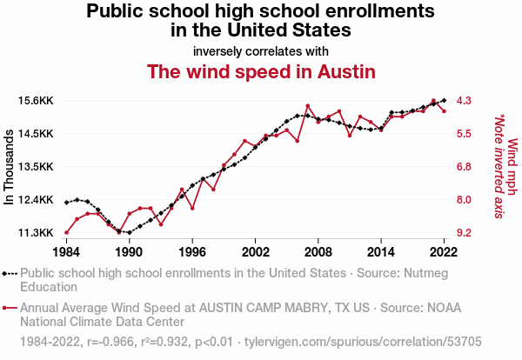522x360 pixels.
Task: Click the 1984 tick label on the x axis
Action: point(66,252)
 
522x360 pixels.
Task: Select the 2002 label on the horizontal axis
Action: point(255,252)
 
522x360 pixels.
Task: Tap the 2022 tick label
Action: point(444,252)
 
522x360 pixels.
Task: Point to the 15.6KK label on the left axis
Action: point(36,101)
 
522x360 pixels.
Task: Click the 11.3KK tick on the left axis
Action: point(36,232)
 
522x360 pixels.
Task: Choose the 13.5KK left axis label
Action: point(36,166)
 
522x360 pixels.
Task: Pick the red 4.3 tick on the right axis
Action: point(464,101)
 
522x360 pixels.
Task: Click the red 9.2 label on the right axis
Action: point(464,232)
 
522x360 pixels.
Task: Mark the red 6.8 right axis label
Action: point(464,166)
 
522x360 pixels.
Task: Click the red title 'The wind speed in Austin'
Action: point(261,71)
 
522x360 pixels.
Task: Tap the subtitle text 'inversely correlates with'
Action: point(261,51)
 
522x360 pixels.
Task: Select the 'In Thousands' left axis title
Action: point(9,167)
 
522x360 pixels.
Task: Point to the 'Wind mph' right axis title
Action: point(512,166)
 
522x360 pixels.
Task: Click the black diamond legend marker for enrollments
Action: point(4,274)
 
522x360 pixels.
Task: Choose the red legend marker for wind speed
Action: point(4,308)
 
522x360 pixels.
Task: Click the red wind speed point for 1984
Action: point(67,232)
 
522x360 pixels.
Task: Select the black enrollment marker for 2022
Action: point(444,100)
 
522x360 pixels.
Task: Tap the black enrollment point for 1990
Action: point(130,232)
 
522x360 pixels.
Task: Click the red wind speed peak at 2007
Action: point(308,106)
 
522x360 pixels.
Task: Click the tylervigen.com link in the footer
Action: point(363,342)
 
